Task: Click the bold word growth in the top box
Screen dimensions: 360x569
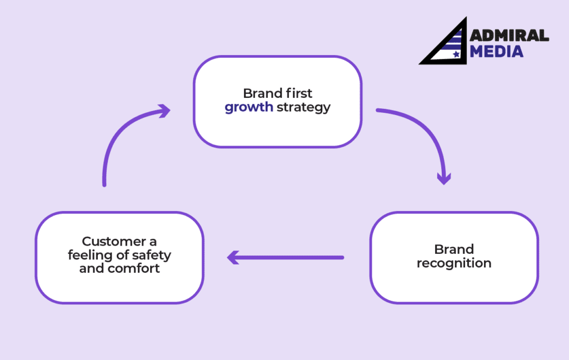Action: pyautogui.click(x=248, y=107)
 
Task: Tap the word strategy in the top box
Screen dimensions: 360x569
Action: pyautogui.click(x=303, y=107)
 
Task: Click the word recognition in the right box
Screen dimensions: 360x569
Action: pyautogui.click(x=454, y=263)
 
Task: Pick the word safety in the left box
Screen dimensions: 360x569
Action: pyautogui.click(x=151, y=256)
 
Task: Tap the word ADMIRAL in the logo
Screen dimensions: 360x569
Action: pyautogui.click(x=509, y=36)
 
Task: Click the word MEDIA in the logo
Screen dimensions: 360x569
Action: pyautogui.click(x=497, y=52)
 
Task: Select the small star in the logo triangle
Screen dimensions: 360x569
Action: pyautogui.click(x=456, y=54)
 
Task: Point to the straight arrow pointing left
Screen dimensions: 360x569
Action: pyautogui.click(x=286, y=257)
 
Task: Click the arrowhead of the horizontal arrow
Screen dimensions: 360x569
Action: pyautogui.click(x=233, y=257)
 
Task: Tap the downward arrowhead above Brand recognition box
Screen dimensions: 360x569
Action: pyautogui.click(x=443, y=178)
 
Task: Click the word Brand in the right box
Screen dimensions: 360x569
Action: pyautogui.click(x=454, y=249)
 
